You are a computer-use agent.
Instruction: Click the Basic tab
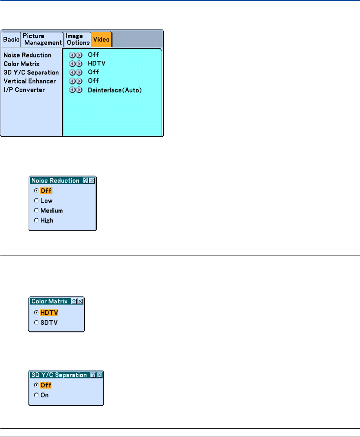pos(11,40)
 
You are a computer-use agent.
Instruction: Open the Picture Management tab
pos(42,39)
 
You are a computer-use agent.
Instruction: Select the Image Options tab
pos(77,39)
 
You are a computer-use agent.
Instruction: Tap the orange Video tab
pos(101,39)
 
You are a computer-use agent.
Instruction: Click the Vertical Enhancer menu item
pos(30,81)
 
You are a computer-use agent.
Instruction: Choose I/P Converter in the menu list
pos(24,90)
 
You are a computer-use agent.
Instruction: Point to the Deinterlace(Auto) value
pos(114,90)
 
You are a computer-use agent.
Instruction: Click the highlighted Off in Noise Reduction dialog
pos(46,191)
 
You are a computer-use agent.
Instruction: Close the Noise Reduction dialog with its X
pos(92,180)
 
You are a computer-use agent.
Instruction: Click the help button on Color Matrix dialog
pos(74,301)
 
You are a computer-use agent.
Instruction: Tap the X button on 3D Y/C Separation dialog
pos(99,375)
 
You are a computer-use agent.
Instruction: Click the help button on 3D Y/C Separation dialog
pos(93,375)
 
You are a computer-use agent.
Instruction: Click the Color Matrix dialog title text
pos(49,301)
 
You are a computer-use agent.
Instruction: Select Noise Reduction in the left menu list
pos(27,55)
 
